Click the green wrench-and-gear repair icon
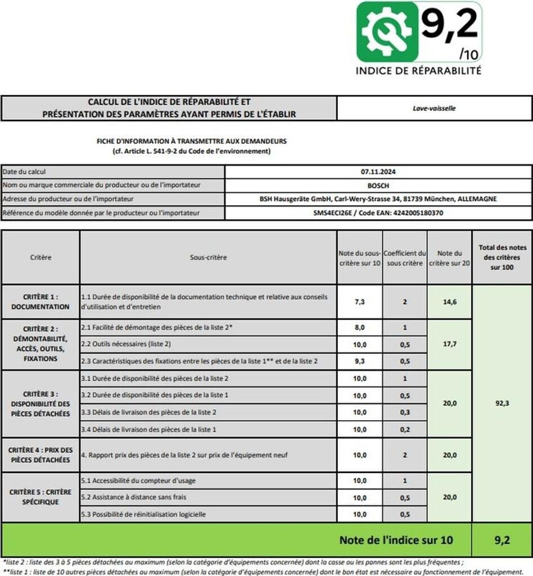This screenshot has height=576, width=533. pos(387,31)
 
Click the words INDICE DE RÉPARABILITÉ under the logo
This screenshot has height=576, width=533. pos(418,71)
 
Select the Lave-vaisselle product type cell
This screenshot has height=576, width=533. pos(434,108)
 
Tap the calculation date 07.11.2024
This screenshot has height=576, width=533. pos(378,171)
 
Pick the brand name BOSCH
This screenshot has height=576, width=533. pos(378,185)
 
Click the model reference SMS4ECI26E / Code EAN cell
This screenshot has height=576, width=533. pos(378,213)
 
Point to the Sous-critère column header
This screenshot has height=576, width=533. pos(208,257)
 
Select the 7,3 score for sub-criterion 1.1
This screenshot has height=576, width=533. pos(360,301)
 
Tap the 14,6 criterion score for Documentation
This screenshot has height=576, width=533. pos(449,301)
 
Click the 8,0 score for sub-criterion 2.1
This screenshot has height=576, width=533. pos(360,327)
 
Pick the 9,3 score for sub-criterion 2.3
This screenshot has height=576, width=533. pos(360,361)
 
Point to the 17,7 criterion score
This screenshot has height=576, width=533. pos(449,344)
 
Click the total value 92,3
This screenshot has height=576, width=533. pos(502,403)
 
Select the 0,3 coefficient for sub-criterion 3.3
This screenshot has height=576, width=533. pos(405,412)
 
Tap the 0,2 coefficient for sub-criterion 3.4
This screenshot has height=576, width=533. pos(405,429)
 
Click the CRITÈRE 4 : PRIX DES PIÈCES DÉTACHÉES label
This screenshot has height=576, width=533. pos(41,454)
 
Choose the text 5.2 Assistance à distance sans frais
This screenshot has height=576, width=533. pos(133,497)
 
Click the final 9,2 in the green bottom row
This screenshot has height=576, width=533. pos(502,540)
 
